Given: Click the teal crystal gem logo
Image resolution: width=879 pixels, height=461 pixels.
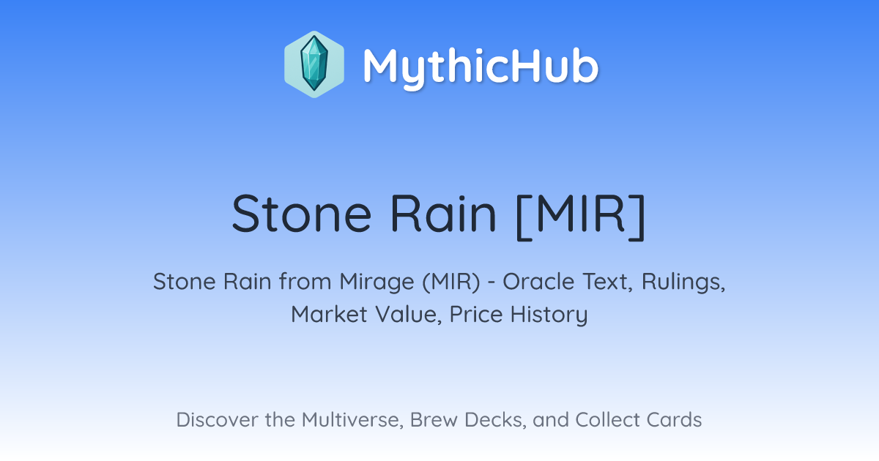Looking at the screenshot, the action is [314, 64].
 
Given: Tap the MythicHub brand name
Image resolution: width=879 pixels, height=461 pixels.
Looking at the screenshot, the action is [481, 67].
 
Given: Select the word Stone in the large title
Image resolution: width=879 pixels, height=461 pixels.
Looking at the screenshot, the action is [301, 213].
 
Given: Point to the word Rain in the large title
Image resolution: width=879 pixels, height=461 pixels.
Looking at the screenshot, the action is [443, 213].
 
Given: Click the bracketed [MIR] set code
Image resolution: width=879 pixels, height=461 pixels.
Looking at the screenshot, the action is [581, 216].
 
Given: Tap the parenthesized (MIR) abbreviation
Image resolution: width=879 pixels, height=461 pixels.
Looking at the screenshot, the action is [451, 282].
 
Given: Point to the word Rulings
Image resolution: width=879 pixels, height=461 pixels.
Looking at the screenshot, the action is [683, 282].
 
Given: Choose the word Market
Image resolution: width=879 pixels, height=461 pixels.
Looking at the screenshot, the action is [329, 315].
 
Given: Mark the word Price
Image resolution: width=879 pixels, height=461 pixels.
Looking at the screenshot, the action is [476, 315].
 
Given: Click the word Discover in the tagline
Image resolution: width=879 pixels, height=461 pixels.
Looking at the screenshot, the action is [217, 420].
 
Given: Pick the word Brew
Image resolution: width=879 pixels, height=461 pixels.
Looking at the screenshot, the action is [434, 420].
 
